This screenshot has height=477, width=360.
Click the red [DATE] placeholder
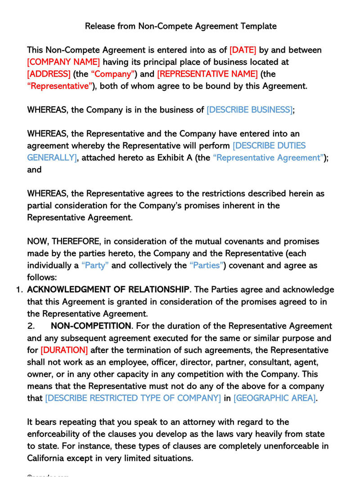click(243, 50)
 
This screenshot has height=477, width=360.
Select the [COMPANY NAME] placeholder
click(63, 62)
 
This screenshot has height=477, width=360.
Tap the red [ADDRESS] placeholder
click(49, 74)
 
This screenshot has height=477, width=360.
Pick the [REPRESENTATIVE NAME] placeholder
click(207, 74)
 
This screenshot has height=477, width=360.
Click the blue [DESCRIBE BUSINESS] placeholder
click(249, 109)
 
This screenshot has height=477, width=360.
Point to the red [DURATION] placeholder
click(64, 350)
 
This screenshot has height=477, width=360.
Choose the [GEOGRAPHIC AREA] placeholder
click(274, 398)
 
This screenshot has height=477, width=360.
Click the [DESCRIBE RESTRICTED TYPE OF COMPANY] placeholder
click(133, 398)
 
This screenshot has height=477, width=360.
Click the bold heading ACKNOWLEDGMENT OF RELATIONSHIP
click(108, 289)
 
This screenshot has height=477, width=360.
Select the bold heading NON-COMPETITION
click(91, 326)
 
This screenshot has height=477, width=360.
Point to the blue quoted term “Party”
click(95, 265)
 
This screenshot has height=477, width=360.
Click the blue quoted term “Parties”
click(207, 265)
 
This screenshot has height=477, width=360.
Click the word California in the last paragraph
click(46, 458)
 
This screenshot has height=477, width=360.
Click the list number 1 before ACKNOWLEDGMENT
click(19, 289)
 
